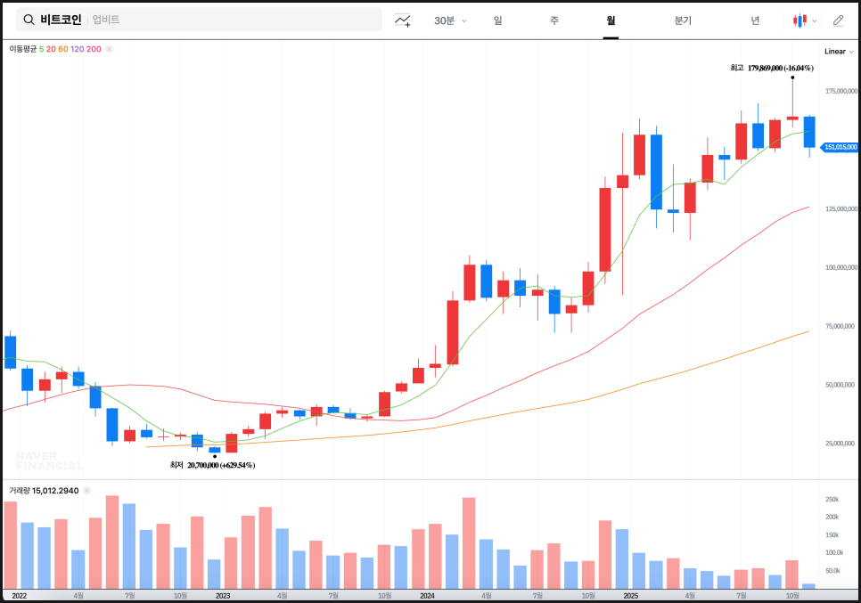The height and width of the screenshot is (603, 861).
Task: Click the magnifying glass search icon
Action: coord(29,20)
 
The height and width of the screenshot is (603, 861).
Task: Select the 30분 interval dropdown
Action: coord(449,20)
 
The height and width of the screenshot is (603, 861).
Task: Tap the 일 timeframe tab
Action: coord(497,20)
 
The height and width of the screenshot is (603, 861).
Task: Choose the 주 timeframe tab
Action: coord(554,20)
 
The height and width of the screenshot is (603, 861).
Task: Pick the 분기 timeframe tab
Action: coord(683,20)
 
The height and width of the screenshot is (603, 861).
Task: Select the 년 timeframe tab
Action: coord(755,20)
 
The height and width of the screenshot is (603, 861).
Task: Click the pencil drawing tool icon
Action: coord(838,20)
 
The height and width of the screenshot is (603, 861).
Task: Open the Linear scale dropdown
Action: coord(839,52)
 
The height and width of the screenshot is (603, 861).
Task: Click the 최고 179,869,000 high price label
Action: coord(772,68)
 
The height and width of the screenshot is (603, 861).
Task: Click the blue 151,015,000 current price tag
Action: coord(840,147)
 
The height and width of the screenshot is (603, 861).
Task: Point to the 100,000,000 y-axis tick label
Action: coord(840,267)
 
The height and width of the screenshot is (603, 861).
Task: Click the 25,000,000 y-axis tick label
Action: coord(840,443)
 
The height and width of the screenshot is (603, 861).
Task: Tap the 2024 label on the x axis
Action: coord(427,595)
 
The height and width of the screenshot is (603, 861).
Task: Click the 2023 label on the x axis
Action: coord(223,595)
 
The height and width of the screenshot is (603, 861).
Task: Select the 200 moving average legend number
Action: coord(94,49)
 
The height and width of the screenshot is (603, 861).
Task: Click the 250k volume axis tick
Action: coord(832,500)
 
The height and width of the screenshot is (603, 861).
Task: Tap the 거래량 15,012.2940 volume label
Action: coord(44,491)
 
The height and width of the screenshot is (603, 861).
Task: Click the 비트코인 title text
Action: coord(61,20)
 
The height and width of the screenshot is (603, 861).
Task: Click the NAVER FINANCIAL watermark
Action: coord(49,460)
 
